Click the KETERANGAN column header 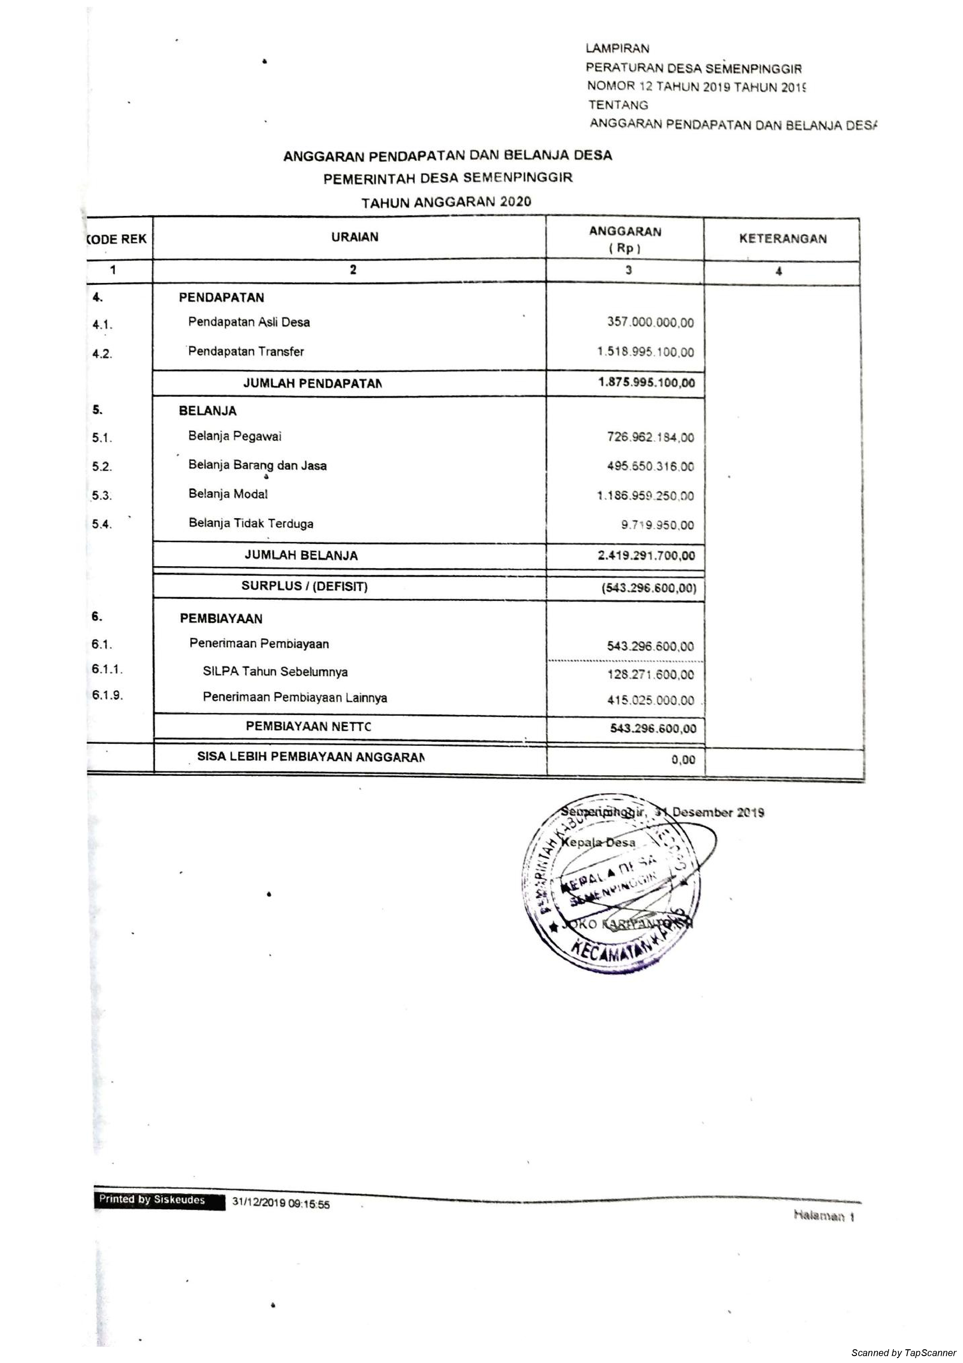pyautogui.click(x=782, y=239)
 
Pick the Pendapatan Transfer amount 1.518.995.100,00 pyautogui.click(x=645, y=352)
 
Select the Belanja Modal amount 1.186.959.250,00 pyautogui.click(x=645, y=496)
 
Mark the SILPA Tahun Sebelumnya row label pyautogui.click(x=275, y=672)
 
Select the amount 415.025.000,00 pyautogui.click(x=650, y=701)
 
